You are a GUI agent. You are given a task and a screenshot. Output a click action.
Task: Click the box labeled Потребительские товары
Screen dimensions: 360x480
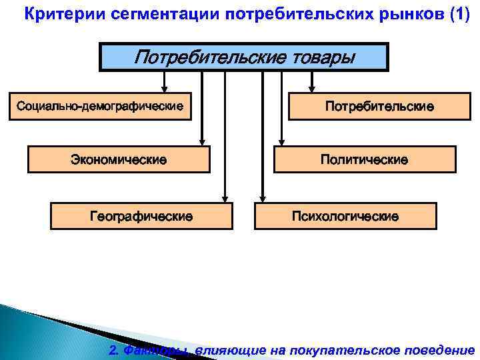click(244, 57)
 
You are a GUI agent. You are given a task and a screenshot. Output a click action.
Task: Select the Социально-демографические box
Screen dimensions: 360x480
click(100, 106)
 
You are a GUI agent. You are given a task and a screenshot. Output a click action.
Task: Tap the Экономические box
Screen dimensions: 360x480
click(119, 160)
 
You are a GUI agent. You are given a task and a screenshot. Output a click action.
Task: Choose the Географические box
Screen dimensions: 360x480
click(142, 216)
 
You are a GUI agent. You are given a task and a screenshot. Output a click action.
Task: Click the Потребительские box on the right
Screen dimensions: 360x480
click(379, 106)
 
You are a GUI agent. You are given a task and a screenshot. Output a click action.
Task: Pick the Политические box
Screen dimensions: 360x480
click(365, 160)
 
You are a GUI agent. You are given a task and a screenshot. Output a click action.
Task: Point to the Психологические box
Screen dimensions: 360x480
click(345, 216)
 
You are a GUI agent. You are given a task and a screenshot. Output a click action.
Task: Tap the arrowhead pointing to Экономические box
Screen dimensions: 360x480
click(203, 141)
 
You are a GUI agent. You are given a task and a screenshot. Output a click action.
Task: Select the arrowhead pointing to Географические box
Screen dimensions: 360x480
click(225, 197)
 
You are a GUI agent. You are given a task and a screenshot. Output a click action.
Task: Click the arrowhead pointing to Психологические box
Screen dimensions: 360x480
click(263, 197)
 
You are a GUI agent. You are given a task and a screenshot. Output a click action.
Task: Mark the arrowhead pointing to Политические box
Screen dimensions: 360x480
click(281, 141)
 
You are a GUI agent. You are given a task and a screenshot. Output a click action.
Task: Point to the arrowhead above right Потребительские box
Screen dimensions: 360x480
click(311, 87)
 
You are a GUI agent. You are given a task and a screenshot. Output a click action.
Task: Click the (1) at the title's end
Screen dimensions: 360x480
click(456, 14)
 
